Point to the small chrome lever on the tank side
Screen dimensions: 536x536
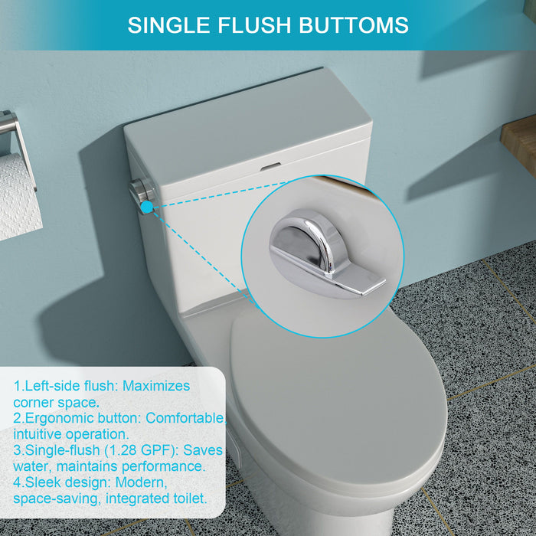click(x=142, y=191)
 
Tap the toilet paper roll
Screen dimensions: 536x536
click(x=19, y=195)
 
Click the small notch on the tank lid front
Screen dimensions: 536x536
click(x=270, y=165)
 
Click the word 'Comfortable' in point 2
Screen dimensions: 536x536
click(x=185, y=418)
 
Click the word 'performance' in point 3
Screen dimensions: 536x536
click(x=162, y=466)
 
